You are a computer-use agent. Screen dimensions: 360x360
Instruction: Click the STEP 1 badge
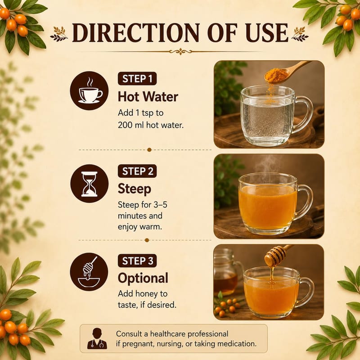(x=137, y=79)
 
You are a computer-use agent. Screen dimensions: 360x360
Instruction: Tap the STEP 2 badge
(x=137, y=171)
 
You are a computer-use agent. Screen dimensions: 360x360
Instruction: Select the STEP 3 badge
(x=137, y=261)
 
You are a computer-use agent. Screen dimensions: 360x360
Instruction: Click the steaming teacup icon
(x=89, y=91)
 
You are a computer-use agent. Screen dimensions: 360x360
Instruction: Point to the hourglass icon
(x=89, y=184)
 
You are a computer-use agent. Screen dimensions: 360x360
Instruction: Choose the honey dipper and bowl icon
(x=89, y=272)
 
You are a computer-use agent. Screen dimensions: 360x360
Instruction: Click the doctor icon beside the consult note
(x=97, y=338)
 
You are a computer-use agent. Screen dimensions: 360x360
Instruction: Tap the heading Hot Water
(x=148, y=97)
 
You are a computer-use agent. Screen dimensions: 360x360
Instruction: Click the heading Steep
(x=135, y=189)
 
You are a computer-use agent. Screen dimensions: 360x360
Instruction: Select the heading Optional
(x=143, y=278)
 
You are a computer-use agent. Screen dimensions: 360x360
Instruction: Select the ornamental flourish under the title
(x=180, y=51)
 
